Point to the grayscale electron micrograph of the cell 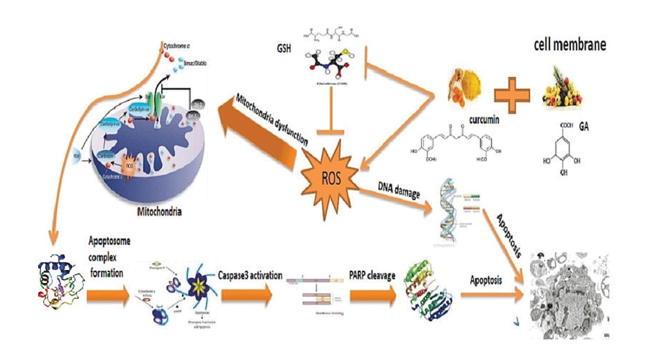(565, 291)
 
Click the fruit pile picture (569, 86)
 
